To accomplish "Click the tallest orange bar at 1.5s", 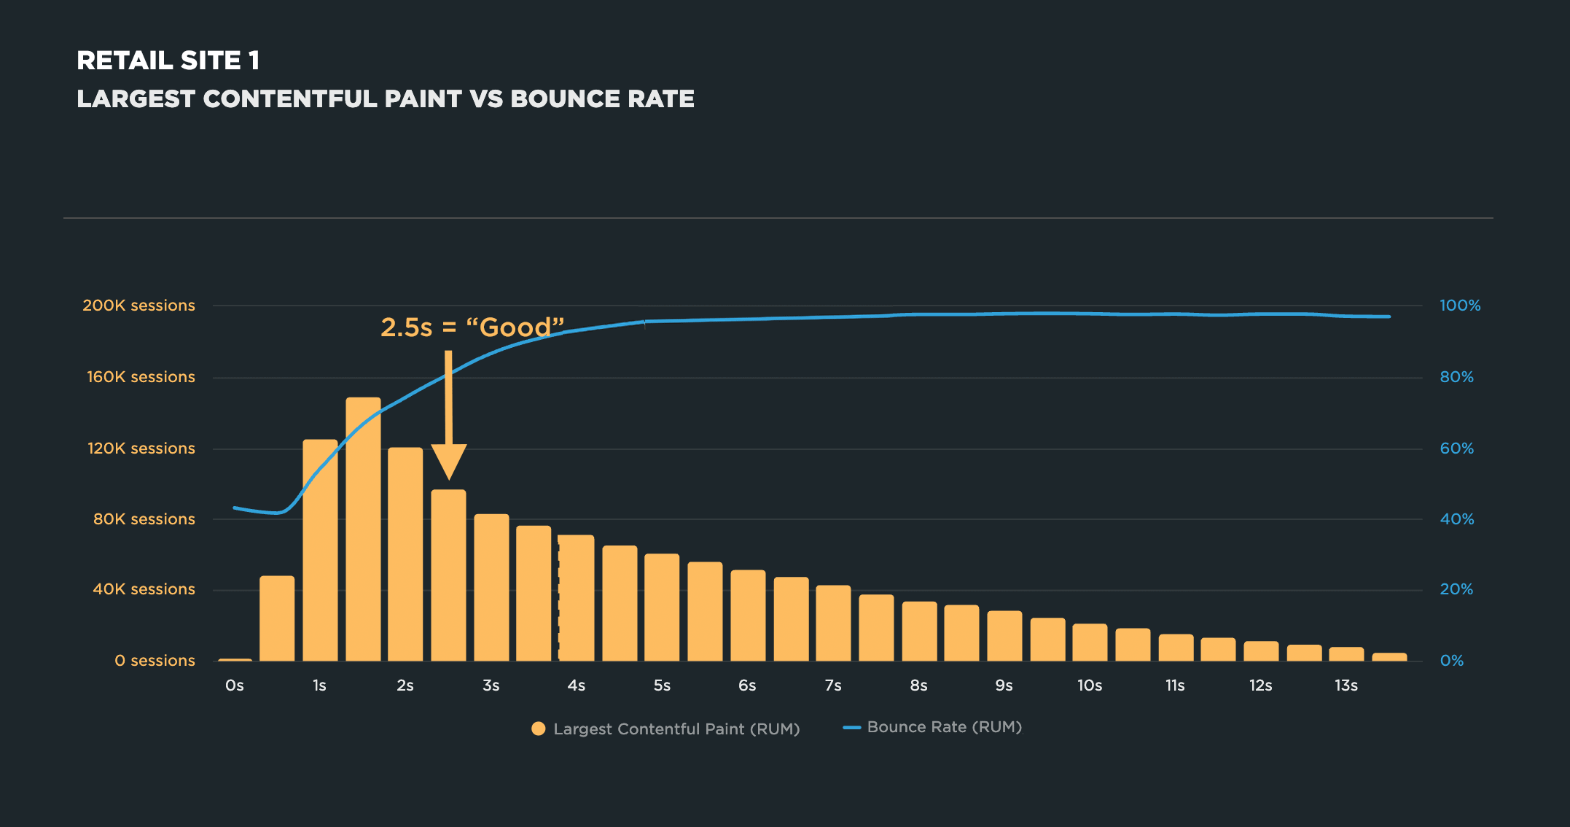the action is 363,529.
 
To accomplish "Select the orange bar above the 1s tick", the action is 320,551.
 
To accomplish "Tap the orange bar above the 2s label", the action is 405,554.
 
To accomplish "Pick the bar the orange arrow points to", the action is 448,575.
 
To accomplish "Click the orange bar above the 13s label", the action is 1346,654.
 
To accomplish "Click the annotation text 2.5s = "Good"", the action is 472,327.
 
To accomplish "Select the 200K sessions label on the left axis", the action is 138,306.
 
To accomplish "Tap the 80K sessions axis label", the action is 144,519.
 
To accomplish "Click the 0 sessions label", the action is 155,661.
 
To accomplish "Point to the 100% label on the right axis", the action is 1460,306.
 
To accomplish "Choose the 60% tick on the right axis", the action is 1456,449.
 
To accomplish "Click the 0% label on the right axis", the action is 1451,661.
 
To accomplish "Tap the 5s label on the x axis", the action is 662,686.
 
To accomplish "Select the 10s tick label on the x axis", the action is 1090,686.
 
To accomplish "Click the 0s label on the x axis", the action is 234,686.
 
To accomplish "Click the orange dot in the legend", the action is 538,729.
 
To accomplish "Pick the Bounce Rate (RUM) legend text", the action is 944,727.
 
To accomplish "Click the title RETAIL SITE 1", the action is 168,61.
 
